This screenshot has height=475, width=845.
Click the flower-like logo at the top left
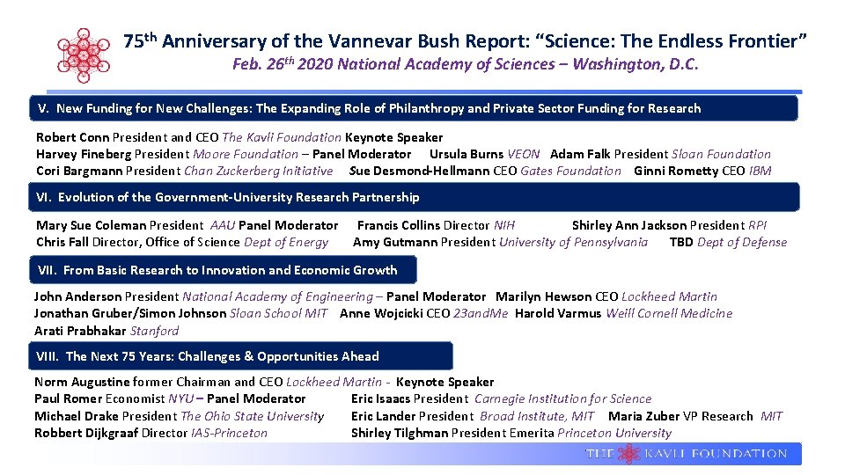coord(84,54)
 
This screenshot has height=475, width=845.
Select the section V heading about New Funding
coord(370,108)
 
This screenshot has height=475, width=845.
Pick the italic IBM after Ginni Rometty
coord(760,171)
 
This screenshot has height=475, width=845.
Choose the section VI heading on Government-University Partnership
coord(228,197)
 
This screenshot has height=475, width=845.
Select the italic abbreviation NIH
coord(504,225)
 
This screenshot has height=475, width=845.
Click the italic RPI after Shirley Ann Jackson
coord(757,225)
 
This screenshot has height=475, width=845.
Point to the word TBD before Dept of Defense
coord(681,242)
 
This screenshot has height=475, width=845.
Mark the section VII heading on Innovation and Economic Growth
coord(217,270)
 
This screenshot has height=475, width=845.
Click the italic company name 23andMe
coord(481,313)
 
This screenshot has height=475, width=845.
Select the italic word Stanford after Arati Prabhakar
coord(154,331)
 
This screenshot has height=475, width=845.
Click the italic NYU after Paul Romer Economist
coord(181,398)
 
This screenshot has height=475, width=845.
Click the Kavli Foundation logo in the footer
coord(687,454)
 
